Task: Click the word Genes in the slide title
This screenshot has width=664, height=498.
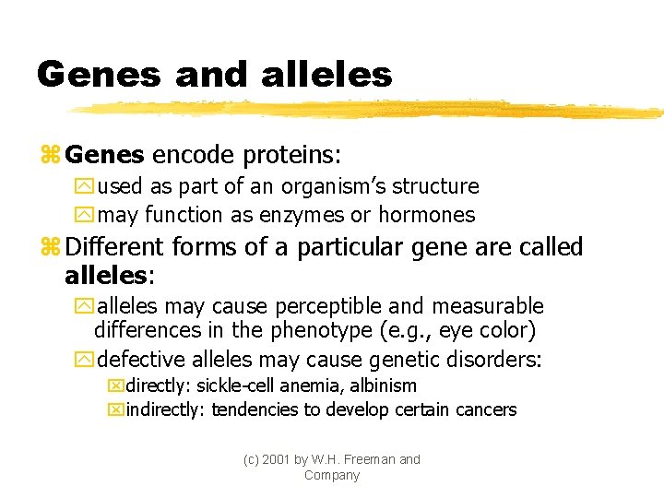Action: [97, 75]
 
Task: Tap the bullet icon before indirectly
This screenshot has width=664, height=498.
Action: [115, 409]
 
